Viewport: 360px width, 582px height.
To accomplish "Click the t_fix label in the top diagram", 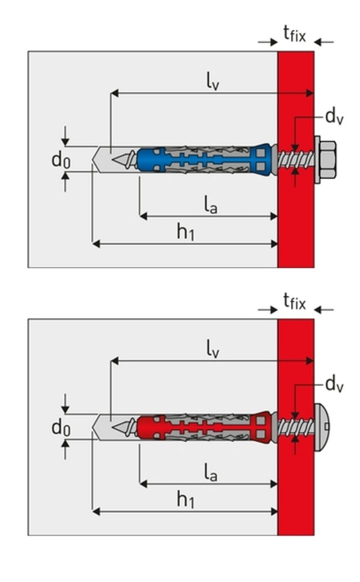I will pyautogui.click(x=294, y=35).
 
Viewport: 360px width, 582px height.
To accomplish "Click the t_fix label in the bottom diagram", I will pyautogui.click(x=294, y=301).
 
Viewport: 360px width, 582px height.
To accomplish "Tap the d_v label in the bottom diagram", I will pyautogui.click(x=334, y=385).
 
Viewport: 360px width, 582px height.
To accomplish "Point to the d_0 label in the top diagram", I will pyautogui.click(x=61, y=160).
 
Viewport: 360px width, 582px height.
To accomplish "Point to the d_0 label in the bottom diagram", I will pyautogui.click(x=61, y=427).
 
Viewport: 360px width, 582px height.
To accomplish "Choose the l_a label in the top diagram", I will pyautogui.click(x=210, y=205).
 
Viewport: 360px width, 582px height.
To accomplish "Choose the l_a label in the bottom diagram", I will pyautogui.click(x=210, y=473).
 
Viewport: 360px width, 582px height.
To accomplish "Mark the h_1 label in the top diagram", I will pyautogui.click(x=185, y=232).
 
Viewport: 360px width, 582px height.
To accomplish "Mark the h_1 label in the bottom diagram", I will pyautogui.click(x=185, y=500).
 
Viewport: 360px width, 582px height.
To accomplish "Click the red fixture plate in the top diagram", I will pyautogui.click(x=296, y=227).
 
